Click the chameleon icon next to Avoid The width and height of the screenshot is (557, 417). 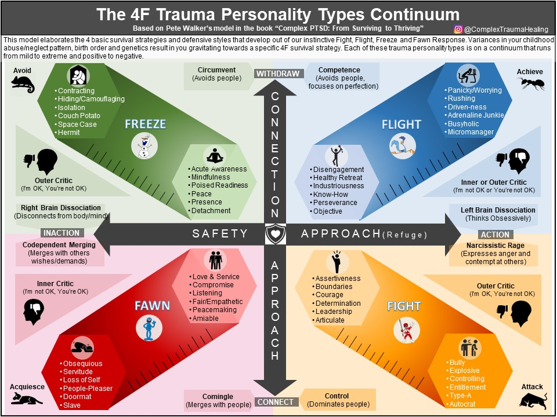point(23,85)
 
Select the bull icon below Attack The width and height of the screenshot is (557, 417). point(533,400)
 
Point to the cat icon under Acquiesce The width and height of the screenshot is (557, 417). point(26,398)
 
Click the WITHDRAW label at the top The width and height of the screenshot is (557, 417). point(278,74)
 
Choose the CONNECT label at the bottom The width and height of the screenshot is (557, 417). point(276,402)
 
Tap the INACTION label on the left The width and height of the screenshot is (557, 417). point(61,233)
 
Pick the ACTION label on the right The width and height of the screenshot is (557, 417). point(495,235)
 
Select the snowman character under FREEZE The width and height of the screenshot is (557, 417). point(144,145)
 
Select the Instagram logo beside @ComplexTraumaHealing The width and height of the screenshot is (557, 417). point(458,29)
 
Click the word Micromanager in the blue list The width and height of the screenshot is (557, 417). point(470,132)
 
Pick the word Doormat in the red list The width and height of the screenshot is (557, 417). point(77,397)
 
